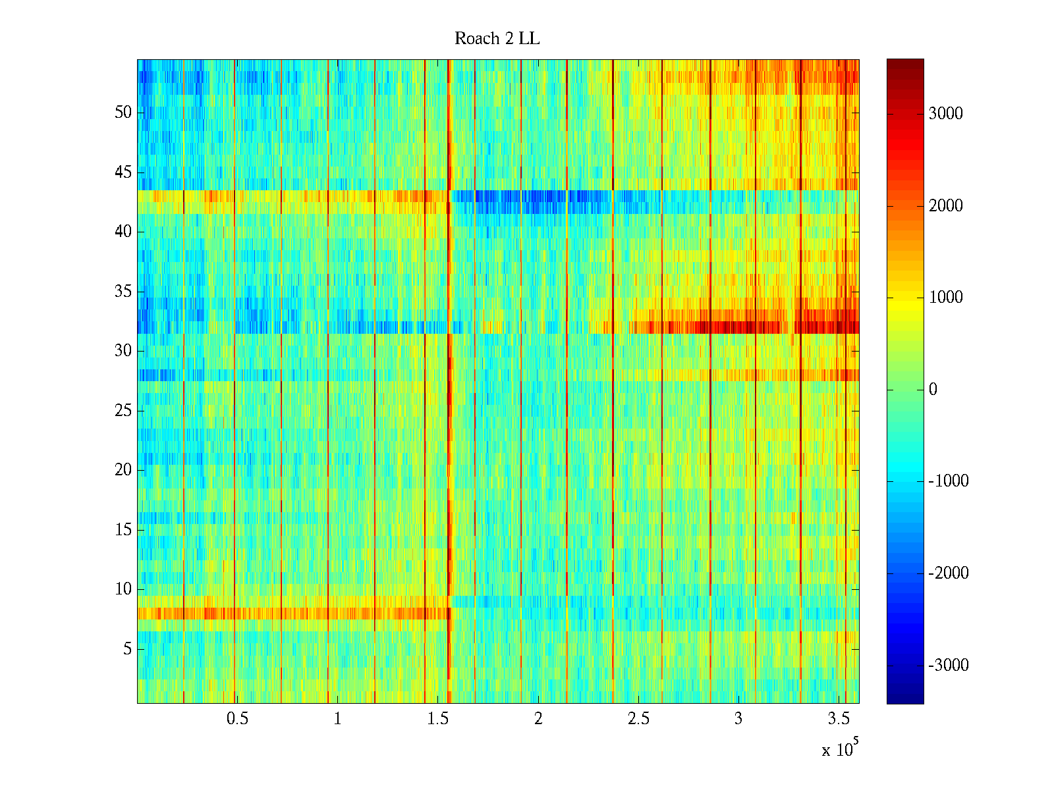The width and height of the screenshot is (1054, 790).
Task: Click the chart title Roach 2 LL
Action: (497, 39)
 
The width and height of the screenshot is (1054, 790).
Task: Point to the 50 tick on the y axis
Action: (123, 113)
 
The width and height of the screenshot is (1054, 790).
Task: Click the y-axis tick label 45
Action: (123, 172)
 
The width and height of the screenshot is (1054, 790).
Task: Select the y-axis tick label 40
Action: (123, 232)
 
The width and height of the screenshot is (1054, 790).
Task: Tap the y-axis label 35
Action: (123, 292)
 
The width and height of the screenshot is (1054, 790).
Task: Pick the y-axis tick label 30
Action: (123, 351)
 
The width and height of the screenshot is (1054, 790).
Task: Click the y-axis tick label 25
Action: (123, 411)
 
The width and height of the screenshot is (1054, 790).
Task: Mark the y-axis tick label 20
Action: (123, 470)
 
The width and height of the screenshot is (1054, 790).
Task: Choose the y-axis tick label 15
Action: (123, 530)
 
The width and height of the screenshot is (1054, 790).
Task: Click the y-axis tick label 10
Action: (123, 589)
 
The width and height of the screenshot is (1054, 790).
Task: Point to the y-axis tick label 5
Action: (127, 649)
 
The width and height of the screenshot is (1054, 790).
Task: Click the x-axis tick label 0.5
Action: (237, 719)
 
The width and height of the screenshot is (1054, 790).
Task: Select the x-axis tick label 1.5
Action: (437, 719)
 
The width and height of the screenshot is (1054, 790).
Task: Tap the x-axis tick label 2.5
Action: (638, 719)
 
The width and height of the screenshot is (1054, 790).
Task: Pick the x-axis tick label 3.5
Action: (838, 719)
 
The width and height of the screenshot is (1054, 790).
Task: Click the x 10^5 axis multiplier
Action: (839, 749)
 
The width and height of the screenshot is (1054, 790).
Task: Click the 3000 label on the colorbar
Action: (945, 114)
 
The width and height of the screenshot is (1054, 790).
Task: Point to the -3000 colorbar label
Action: (949, 666)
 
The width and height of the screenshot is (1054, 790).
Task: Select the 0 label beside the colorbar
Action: (933, 390)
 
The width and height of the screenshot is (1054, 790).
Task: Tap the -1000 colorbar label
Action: (949, 481)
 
